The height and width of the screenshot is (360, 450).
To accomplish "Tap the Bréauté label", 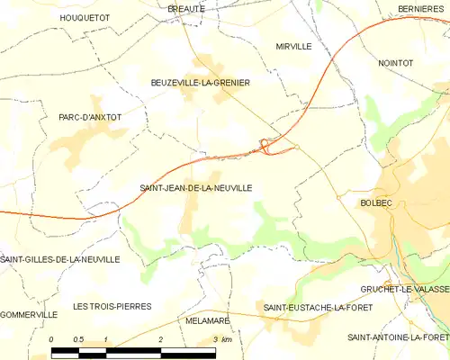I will click(x=186, y=8).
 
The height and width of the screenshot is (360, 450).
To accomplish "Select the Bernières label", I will click(x=422, y=9).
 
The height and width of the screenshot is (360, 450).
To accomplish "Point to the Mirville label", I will click(x=293, y=45).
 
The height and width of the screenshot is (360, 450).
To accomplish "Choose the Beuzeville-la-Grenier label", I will click(x=200, y=82).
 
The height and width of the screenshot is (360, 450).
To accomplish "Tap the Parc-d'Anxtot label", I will click(x=89, y=117).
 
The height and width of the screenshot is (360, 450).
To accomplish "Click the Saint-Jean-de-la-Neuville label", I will click(x=195, y=187).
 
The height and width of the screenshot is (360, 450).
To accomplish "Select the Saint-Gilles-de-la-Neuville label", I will click(x=60, y=259).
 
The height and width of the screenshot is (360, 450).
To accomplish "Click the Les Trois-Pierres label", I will click(x=112, y=306).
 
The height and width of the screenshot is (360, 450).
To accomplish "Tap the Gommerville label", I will click(x=29, y=314).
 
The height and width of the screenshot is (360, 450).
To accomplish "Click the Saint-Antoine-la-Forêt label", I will click(x=399, y=336).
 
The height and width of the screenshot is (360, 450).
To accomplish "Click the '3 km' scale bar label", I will click(x=221, y=339).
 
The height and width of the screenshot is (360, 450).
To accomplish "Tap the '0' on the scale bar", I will click(x=52, y=339).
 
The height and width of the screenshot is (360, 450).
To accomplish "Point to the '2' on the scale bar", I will click(x=160, y=339).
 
